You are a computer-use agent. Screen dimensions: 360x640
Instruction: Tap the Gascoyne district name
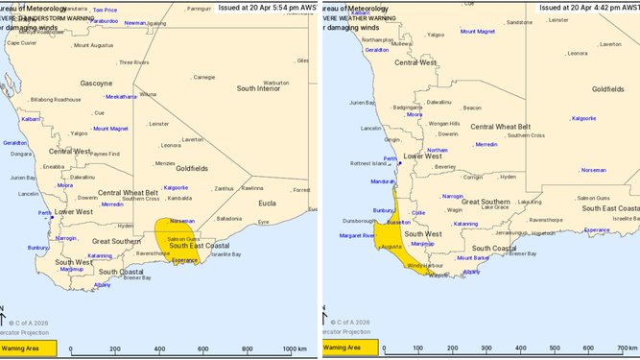(97, 83)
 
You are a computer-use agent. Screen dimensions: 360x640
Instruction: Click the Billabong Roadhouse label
(56, 99)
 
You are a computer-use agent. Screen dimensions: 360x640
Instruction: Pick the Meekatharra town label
(121, 96)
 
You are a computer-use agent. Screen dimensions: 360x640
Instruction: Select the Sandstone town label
(519, 21)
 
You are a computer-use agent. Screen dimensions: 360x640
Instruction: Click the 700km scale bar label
(625, 348)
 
